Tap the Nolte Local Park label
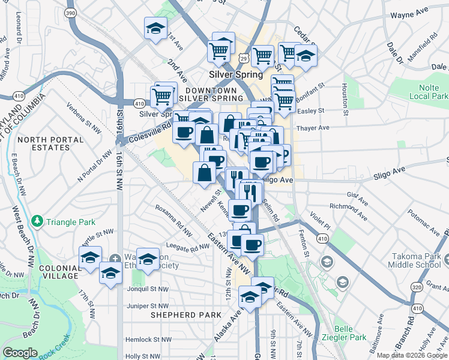point(425,92)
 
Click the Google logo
point(20,353)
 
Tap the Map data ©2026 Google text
point(411,355)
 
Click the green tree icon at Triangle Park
point(38,221)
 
